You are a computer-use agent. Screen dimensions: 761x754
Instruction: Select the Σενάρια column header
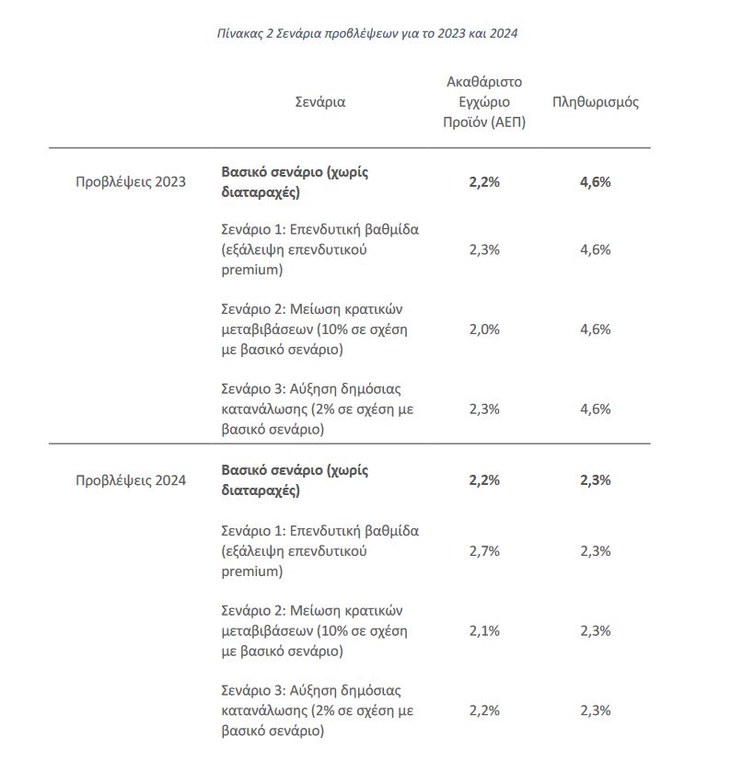click(319, 102)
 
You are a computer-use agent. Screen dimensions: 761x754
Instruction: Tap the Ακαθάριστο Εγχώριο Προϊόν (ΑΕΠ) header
click(484, 102)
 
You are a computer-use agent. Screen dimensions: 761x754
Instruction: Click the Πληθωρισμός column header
click(595, 102)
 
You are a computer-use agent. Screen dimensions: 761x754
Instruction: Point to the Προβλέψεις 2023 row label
click(131, 181)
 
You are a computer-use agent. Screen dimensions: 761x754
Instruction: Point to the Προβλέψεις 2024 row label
click(131, 480)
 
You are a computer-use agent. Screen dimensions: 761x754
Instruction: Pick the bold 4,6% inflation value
click(595, 181)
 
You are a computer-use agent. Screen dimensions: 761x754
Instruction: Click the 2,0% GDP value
click(484, 329)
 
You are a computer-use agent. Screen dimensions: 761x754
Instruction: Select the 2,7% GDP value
click(484, 551)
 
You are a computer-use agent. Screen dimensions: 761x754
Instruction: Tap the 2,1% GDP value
click(484, 630)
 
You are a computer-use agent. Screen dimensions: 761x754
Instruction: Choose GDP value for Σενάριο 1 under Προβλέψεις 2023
click(484, 249)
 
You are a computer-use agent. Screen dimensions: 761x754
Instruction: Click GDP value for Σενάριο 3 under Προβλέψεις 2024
click(484, 710)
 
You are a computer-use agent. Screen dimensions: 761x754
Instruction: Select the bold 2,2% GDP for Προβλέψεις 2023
click(484, 181)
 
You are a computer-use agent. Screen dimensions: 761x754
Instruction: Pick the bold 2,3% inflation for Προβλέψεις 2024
click(595, 480)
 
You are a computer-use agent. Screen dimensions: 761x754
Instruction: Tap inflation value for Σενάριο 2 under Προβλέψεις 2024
click(595, 630)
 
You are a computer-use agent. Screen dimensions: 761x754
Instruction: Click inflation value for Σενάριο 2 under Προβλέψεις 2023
click(595, 329)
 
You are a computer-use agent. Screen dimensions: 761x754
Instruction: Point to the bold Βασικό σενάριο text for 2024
click(295, 480)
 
